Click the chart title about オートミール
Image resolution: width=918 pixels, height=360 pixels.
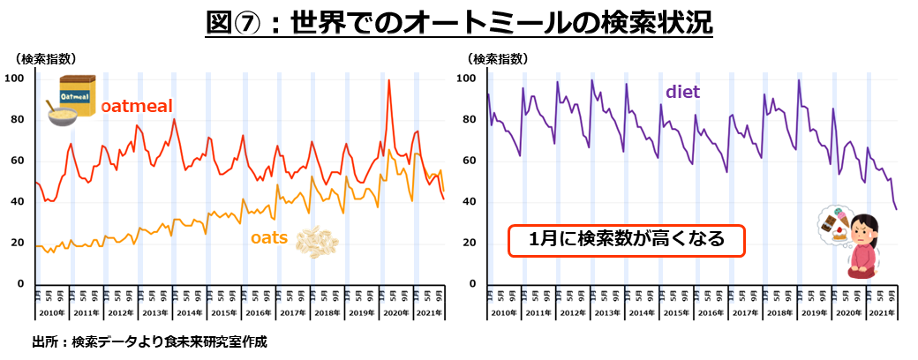pyautogui.click(x=458, y=21)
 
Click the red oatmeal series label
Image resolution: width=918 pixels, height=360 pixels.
pyautogui.click(x=136, y=106)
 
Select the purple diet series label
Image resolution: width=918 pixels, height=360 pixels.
pyautogui.click(x=682, y=91)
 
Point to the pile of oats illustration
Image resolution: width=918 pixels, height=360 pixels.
pyautogui.click(x=315, y=242)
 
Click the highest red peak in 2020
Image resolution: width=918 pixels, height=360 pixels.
pyautogui.click(x=389, y=81)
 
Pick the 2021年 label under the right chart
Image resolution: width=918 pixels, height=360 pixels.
pyautogui.click(x=881, y=314)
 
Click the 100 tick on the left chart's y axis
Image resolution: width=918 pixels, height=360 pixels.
pyautogui.click(x=15, y=79)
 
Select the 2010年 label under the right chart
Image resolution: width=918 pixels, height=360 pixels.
pyautogui.click(x=505, y=314)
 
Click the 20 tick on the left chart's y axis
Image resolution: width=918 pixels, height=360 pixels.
pyautogui.click(x=18, y=243)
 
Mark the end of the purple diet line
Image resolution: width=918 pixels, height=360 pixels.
pyautogui.click(x=898, y=209)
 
